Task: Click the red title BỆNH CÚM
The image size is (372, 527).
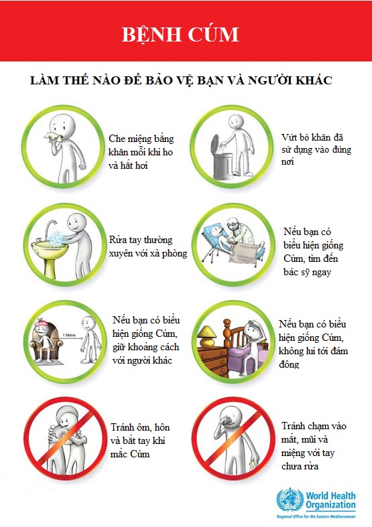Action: click(x=180, y=35)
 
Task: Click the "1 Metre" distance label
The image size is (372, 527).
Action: click(x=69, y=335)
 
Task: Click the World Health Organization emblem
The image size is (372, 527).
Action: click(x=290, y=500)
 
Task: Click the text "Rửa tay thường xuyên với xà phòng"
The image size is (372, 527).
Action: click(x=148, y=246)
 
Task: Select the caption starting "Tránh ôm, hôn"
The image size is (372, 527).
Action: click(x=140, y=441)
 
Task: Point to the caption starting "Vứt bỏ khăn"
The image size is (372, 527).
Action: click(x=316, y=149)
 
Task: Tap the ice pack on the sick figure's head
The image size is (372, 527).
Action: click(x=42, y=324)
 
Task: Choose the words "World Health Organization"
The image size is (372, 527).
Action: click(x=330, y=500)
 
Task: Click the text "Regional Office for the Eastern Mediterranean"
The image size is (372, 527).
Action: click(x=316, y=516)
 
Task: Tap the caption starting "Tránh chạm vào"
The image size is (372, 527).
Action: click(x=314, y=446)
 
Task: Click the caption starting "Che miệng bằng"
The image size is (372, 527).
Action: click(x=141, y=151)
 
